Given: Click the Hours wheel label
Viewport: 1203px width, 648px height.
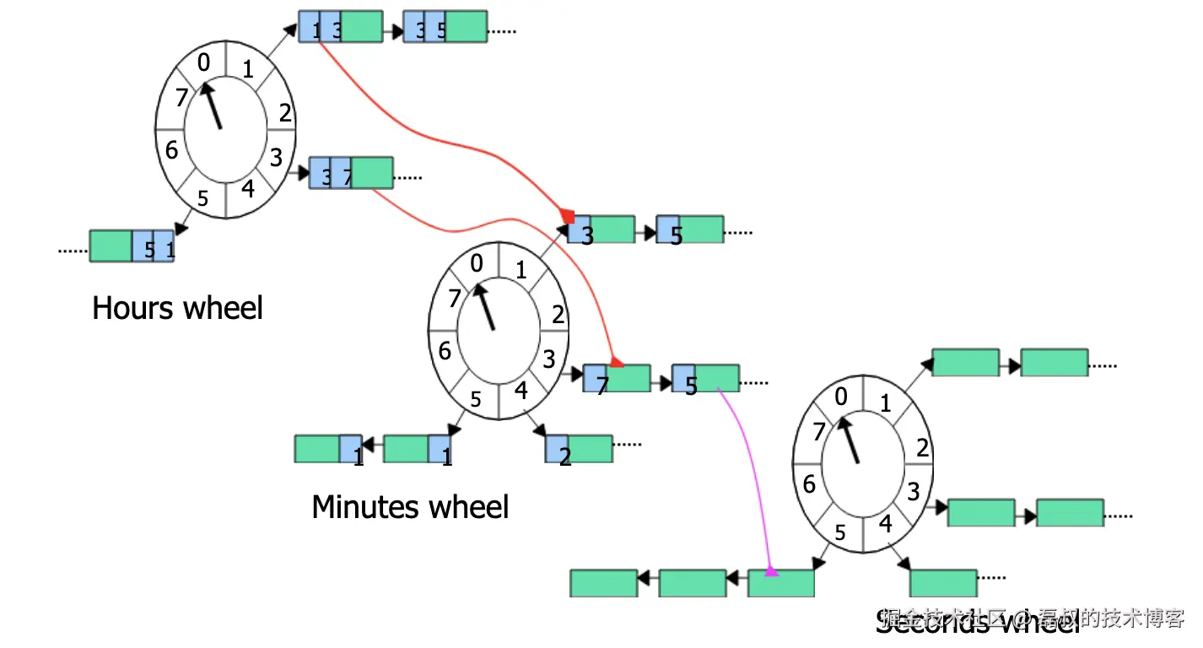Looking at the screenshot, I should pos(177,308).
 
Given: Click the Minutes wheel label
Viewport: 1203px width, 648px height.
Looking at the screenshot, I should pos(410,507).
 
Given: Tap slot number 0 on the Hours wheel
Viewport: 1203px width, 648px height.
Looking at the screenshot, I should pos(203,62).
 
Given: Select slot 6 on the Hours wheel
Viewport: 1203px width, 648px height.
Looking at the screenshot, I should pos(172,151).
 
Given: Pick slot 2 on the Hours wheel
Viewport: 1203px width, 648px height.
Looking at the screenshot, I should pos(285,112).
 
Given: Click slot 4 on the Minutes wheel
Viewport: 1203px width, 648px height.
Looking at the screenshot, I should pos(521,391).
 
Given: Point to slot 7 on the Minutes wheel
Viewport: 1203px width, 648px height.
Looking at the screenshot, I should pos(455,298).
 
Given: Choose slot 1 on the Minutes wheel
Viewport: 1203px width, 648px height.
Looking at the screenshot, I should pos(521,271).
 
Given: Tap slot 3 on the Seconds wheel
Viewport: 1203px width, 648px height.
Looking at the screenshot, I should pos(914,491).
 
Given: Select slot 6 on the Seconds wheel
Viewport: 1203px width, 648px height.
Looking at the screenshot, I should pos(809,485).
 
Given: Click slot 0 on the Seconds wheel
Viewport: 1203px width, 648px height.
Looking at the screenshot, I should pos(840,397).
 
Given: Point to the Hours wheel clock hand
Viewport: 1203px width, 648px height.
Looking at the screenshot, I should pos(211,105).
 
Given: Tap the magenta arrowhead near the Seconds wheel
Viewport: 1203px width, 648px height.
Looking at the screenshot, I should pos(770,571).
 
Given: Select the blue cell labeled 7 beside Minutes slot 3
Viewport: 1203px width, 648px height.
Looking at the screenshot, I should pos(596,378).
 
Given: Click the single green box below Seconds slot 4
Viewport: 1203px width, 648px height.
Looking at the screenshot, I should pos(943,583).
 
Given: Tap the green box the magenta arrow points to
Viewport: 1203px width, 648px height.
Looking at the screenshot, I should pos(781,583).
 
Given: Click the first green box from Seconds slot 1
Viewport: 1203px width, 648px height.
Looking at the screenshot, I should pos(965,363).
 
